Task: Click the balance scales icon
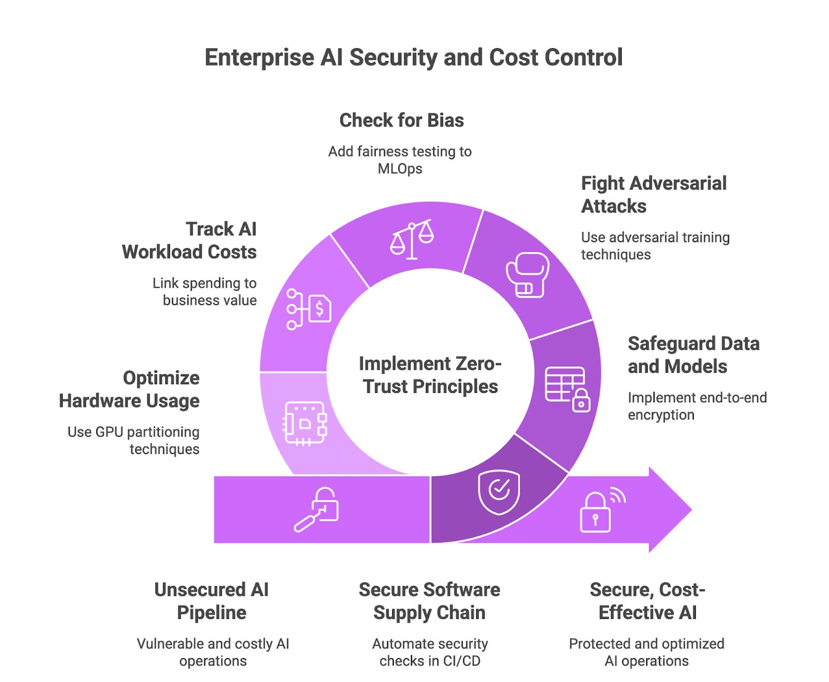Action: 412,239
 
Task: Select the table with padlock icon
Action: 567,389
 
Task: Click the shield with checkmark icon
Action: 498,492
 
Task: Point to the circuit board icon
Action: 305,423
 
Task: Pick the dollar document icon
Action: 309,309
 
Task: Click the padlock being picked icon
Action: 317,509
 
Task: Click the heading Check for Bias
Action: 402,120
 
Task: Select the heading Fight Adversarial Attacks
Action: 653,194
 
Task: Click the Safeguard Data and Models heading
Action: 693,355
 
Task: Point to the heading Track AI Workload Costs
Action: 190,240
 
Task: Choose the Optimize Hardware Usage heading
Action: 130,389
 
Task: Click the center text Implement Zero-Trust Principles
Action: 430,375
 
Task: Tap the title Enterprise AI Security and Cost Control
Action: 413,58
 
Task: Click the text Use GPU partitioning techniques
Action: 134,440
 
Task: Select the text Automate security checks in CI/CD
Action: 430,652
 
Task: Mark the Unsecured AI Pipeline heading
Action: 211,601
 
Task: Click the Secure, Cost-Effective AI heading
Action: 647,601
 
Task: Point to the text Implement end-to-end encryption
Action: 697,406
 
